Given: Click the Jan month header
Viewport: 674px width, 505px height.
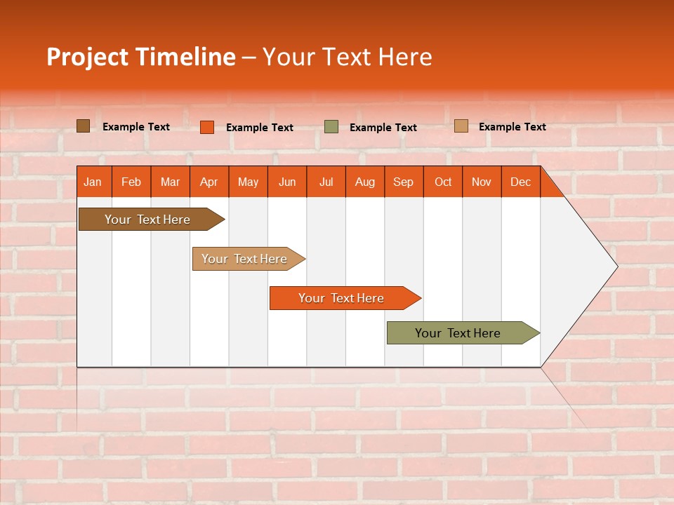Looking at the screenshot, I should pyautogui.click(x=93, y=182).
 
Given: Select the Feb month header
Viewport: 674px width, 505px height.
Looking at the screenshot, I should pyautogui.click(x=131, y=182).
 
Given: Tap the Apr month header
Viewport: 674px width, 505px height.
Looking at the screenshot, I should pyautogui.click(x=209, y=182).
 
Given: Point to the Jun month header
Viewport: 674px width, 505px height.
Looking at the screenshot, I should pyautogui.click(x=287, y=182).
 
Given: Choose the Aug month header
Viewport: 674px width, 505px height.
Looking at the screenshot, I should pyautogui.click(x=364, y=182).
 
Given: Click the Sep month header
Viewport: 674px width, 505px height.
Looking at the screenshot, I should pyautogui.click(x=403, y=182).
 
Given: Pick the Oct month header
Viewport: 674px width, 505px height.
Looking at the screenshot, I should pyautogui.click(x=442, y=182).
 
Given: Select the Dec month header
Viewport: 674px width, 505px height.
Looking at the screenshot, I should pyautogui.click(x=520, y=182).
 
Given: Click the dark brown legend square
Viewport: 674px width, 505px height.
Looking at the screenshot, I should pyautogui.click(x=83, y=126).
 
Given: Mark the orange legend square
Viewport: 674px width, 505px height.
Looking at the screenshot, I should pyautogui.click(x=207, y=127).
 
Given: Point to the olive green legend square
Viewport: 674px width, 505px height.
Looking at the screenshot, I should pyautogui.click(x=331, y=127).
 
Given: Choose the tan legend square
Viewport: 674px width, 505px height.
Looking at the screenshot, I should pyautogui.click(x=461, y=126).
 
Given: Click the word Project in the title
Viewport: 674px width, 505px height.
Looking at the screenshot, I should pyautogui.click(x=87, y=57).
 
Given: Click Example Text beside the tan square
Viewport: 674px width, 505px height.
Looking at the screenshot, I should pyautogui.click(x=512, y=127).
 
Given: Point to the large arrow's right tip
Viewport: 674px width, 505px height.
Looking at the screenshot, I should pyautogui.click(x=616, y=267).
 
